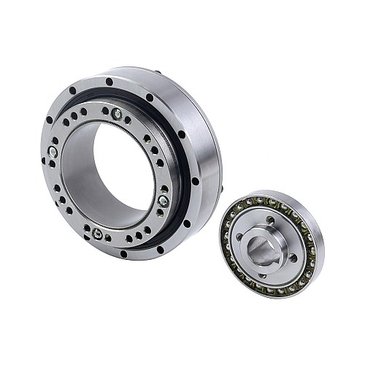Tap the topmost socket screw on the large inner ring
117,113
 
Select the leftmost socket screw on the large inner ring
53,152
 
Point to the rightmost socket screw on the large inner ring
163,199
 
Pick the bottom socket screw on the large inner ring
97,234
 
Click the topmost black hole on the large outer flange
109,81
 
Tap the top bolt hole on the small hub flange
269,220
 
